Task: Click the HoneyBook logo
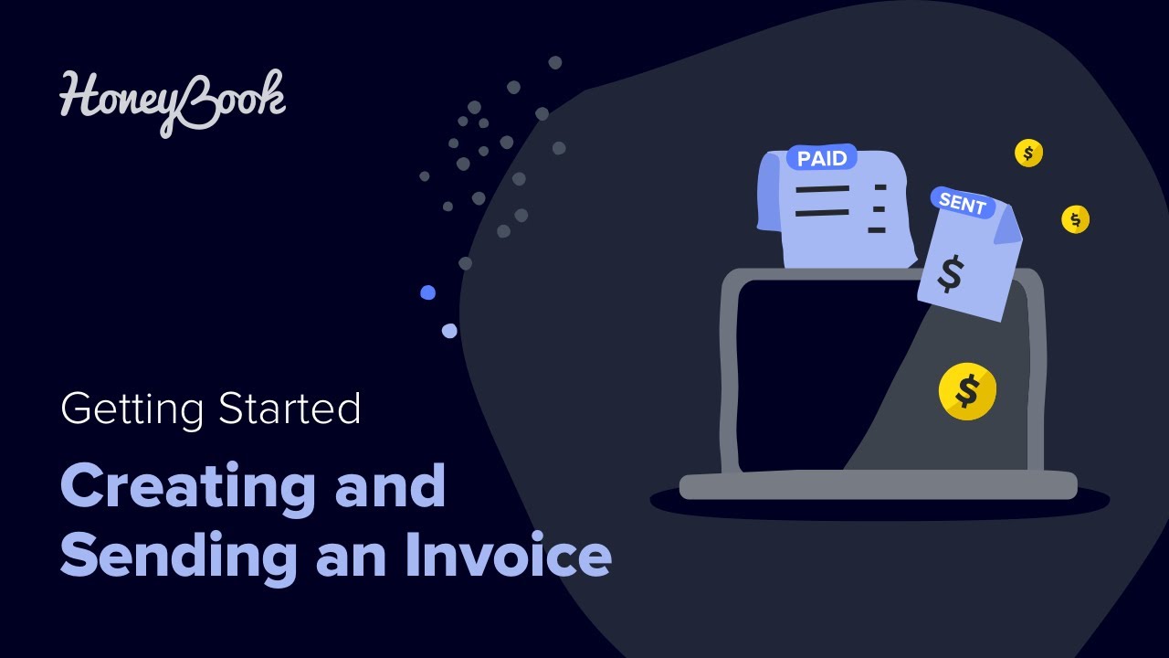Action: pos(173,101)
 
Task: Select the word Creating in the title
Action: pos(188,487)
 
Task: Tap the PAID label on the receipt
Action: pos(822,158)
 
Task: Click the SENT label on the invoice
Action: pos(963,204)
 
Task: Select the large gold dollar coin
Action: pos(967,391)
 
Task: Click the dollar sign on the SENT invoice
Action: pos(951,273)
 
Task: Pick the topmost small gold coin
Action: pos(1028,154)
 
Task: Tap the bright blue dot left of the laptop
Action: pos(427,292)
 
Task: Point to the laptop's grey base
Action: pos(877,485)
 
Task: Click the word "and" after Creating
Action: pos(390,487)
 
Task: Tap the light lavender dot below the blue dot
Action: pos(448,331)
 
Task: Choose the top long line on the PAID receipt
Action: pos(822,189)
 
